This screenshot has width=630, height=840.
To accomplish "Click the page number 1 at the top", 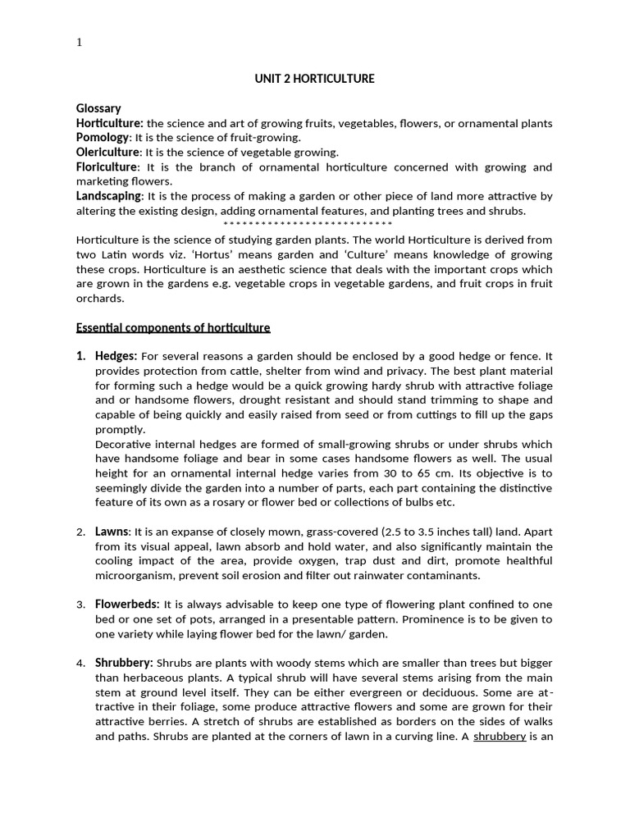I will (x=79, y=43).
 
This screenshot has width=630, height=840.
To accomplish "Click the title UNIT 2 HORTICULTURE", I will (x=314, y=79).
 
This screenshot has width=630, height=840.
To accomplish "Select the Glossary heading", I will (x=98, y=108).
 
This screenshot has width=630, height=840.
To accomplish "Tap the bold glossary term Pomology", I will (x=103, y=138).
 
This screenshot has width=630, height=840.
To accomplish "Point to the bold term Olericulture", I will (x=108, y=152).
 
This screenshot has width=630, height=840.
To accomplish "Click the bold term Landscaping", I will (x=109, y=196).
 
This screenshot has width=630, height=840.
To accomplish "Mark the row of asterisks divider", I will (x=308, y=225).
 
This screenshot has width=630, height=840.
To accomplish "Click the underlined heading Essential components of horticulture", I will (x=173, y=327).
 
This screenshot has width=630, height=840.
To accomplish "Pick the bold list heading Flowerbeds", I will (x=127, y=604).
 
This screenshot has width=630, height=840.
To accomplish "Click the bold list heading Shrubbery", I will (x=124, y=662).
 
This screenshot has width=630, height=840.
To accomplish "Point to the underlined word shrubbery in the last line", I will (x=499, y=736).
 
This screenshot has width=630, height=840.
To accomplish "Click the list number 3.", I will (x=80, y=605).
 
